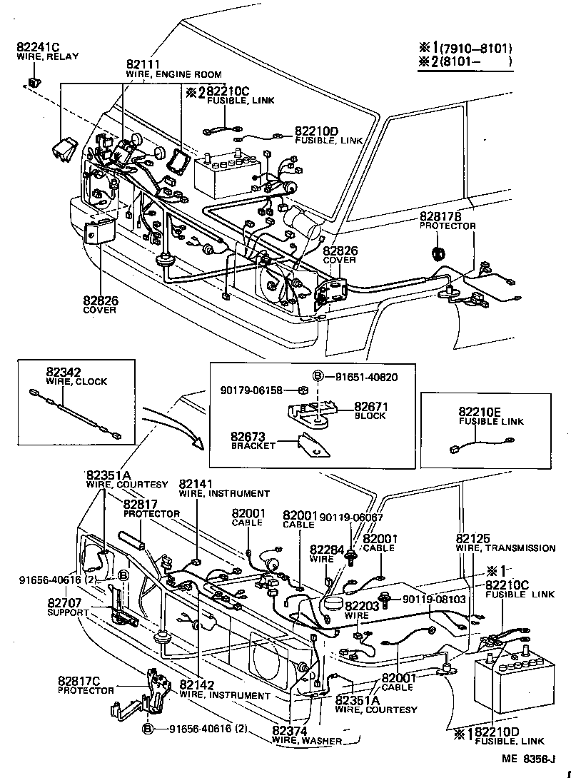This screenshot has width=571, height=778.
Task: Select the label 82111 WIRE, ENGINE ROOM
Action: click(173, 69)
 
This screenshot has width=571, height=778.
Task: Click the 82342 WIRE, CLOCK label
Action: click(76, 376)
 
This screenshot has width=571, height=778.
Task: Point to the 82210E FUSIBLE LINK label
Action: click(490, 416)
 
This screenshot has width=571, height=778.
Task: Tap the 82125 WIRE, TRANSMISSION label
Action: click(505, 542)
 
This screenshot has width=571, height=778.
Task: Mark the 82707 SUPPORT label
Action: click(67, 607)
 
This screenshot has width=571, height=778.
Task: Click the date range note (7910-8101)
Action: click(476, 49)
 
